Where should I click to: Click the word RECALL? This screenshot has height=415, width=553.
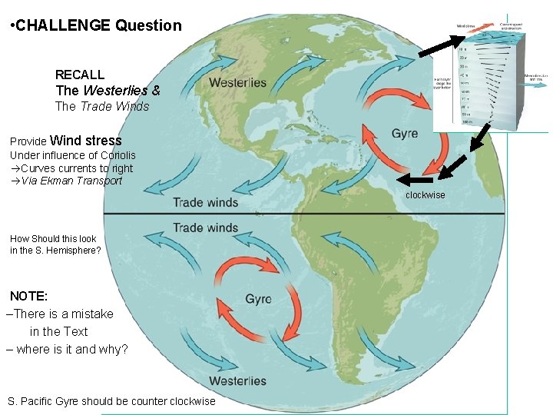[80, 75]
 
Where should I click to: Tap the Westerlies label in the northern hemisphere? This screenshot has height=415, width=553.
[237, 83]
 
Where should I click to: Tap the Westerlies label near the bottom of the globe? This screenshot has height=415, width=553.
[237, 380]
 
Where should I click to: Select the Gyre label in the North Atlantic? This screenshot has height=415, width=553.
[405, 134]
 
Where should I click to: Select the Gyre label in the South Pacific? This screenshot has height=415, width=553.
[258, 299]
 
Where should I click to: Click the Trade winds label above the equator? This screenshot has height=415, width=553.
[205, 202]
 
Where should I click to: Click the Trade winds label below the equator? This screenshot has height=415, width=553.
[205, 227]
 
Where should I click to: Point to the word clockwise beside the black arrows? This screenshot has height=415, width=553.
[425, 195]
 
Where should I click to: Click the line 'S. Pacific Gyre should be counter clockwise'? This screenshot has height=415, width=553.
[111, 402]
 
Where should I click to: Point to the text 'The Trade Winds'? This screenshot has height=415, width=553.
[102, 107]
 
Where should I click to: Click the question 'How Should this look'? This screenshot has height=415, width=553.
[53, 238]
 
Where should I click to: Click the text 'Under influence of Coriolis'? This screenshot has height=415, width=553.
[73, 155]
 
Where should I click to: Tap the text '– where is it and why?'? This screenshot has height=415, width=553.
[67, 350]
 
